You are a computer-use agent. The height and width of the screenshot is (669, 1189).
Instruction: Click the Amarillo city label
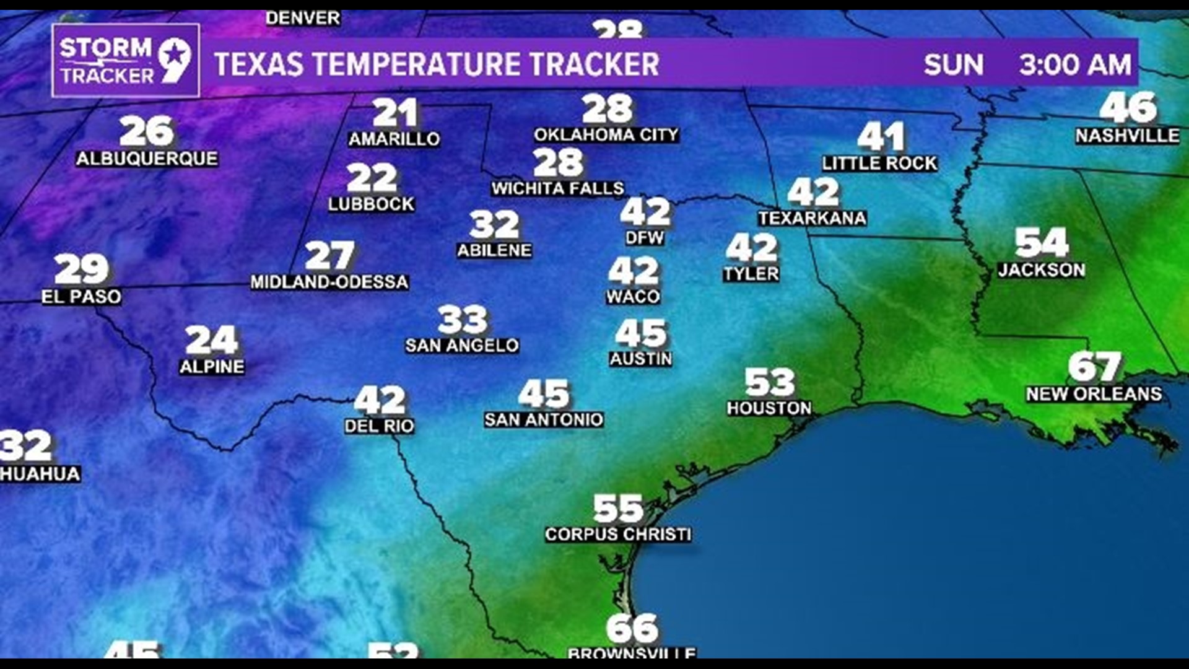point(394,139)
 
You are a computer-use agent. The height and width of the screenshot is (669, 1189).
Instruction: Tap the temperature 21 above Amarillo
point(395,113)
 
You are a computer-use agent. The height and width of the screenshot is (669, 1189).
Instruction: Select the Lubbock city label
point(371,204)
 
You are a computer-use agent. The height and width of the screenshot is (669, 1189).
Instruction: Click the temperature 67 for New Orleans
point(1094,367)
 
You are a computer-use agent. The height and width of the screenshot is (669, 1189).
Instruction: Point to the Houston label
point(769,408)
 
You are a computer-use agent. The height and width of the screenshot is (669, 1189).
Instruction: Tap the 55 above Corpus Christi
point(618,509)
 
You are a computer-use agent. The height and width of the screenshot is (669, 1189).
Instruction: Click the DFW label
point(644,238)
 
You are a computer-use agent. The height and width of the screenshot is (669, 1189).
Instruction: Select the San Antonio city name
point(543,420)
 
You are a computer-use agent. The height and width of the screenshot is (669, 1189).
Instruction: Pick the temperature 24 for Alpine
point(211,340)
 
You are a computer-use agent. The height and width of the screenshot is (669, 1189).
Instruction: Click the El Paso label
point(81,297)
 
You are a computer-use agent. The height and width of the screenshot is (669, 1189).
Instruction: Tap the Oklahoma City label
point(606,135)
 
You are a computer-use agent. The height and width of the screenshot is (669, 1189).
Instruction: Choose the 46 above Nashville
point(1127,108)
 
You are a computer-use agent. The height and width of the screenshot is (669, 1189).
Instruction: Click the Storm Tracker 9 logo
point(126,61)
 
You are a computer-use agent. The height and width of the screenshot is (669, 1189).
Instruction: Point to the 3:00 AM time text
point(1074,65)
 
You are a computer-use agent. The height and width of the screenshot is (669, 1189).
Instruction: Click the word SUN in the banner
point(953,65)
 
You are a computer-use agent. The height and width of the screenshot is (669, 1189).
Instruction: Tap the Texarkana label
point(812,218)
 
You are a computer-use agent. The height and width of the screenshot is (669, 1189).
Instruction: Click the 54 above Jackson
point(1041,243)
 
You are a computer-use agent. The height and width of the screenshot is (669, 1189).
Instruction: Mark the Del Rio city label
point(379,426)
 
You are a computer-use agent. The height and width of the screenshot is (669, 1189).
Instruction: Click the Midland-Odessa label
point(329,282)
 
